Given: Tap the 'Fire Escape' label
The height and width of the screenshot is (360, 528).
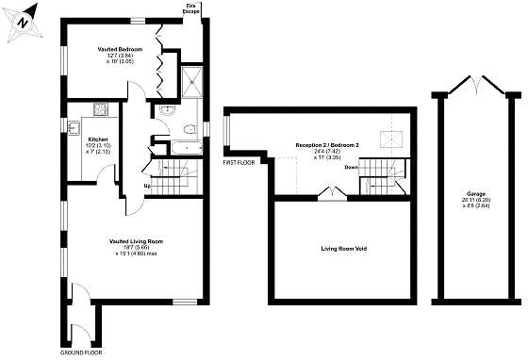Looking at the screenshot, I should pyautogui.click(x=192, y=8).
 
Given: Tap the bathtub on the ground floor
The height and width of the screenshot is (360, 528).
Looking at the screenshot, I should pyautogui.click(x=179, y=149).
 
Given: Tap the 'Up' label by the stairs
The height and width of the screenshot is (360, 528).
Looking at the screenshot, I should pyautogui.click(x=147, y=185).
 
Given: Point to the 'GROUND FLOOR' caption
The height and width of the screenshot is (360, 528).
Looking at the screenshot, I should pyautogui.click(x=81, y=352).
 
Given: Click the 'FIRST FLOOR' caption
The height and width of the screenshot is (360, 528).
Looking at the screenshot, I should pyautogui.click(x=239, y=163).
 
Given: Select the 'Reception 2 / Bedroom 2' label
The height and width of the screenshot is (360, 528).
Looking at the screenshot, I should pyautogui.click(x=327, y=145).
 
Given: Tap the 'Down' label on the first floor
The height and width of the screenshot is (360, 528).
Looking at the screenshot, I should pyautogui.click(x=351, y=167).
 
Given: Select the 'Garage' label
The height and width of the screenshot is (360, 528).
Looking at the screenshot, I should pyautogui.click(x=476, y=193).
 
